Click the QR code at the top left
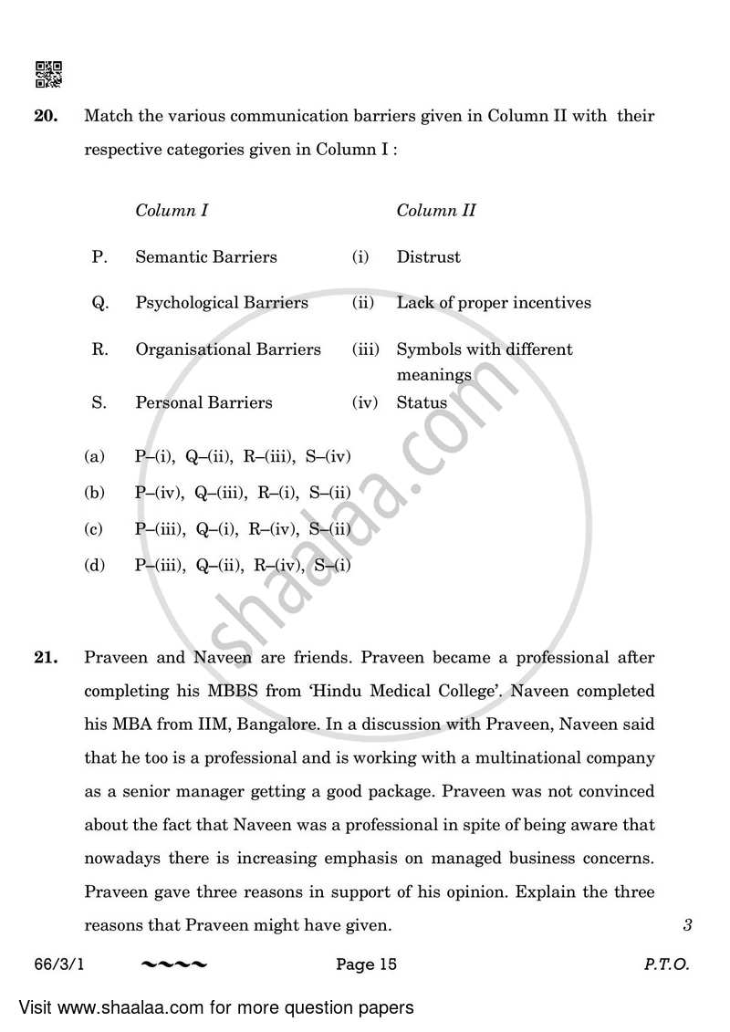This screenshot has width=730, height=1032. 48,74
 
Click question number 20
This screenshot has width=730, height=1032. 47,116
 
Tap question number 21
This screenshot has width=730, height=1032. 47,657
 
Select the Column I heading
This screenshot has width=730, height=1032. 172,211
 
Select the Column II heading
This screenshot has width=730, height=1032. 436,211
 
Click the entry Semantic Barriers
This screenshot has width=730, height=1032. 206,257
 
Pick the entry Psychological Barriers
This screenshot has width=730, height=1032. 222,303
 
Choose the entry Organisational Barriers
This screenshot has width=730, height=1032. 228,349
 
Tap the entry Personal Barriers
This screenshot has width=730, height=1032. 203,402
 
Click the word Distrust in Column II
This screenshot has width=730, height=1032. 428,257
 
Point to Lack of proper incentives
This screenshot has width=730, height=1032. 494,303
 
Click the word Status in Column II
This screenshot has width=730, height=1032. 422,402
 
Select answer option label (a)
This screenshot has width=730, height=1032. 94,456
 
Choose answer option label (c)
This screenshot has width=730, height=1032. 94,529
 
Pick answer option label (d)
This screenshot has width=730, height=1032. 94,566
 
